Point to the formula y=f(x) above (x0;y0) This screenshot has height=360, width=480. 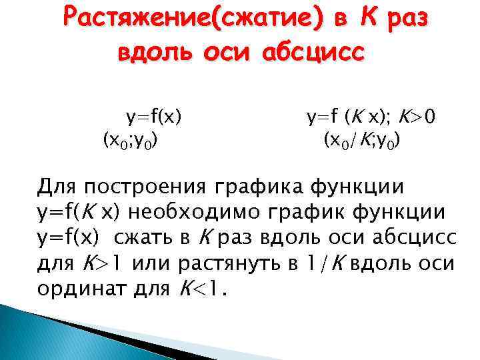tap(155, 119)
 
